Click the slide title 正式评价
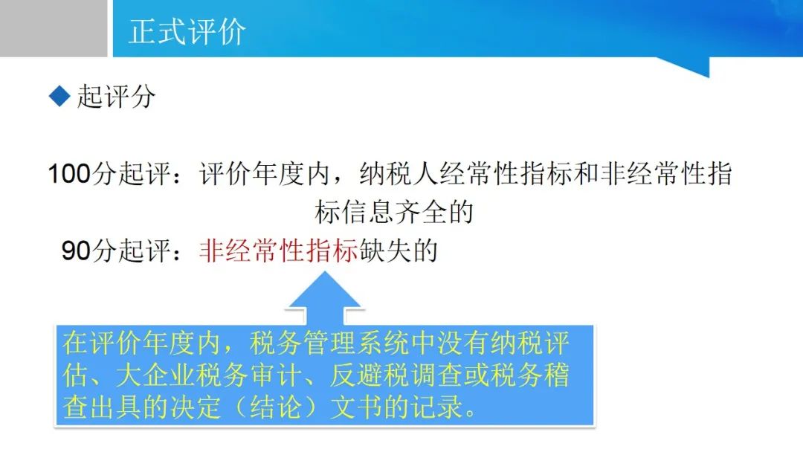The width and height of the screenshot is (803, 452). click(187, 32)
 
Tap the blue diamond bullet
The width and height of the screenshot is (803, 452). click(59, 96)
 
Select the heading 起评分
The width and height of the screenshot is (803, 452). click(116, 96)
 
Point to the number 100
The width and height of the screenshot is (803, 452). click(69, 173)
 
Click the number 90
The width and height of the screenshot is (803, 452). click(76, 251)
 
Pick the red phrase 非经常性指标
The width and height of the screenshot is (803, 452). click(279, 251)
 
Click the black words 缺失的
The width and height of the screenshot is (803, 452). click(399, 251)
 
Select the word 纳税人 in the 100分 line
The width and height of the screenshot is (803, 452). click(399, 173)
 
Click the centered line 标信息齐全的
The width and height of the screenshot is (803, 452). click(394, 212)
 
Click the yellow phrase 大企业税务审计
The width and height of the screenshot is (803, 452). click(208, 375)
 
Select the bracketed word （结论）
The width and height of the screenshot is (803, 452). click(276, 407)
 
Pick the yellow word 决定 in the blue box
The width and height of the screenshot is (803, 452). click(196, 407)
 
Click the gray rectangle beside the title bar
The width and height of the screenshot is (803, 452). click(54, 28)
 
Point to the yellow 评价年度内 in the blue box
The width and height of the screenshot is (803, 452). click(155, 343)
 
